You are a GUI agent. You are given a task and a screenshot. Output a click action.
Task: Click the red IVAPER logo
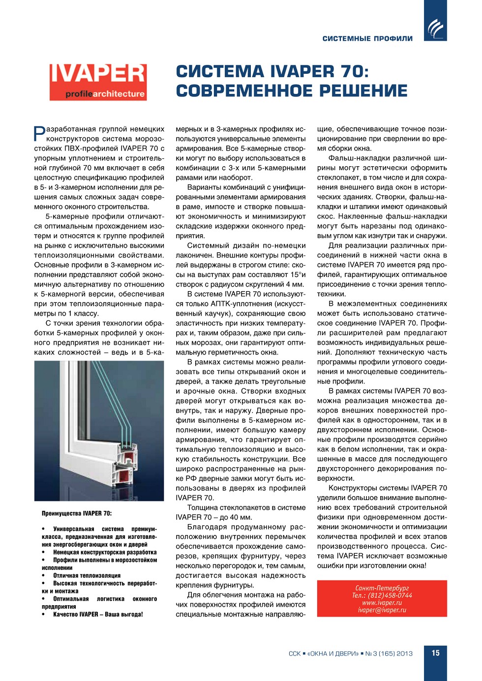coord(98,82)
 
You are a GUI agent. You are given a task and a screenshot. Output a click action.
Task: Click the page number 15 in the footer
coord(435,653)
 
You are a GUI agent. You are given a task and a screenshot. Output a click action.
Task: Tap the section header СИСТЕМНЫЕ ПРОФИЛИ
coord(367,38)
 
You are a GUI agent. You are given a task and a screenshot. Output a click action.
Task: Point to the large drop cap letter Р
coord(39,133)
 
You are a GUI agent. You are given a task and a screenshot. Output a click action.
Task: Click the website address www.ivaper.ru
coord(382,603)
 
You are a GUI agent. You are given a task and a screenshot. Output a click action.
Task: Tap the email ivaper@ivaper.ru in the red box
coord(382,610)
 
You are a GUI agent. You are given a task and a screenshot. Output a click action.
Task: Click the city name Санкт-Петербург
coord(382,588)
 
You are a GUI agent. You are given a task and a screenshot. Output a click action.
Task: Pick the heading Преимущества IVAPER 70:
coord(77,513)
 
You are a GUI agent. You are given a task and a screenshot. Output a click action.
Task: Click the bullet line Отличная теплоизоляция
coord(87,576)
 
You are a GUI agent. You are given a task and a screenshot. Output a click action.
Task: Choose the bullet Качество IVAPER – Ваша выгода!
coord(98,615)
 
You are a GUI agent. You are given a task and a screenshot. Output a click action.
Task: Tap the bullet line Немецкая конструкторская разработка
coord(105,553)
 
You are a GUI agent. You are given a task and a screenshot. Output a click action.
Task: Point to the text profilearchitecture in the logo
coord(105,94)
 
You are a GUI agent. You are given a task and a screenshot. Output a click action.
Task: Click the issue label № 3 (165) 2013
coord(389,653)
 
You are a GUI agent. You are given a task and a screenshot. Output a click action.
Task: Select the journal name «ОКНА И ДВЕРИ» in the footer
coord(332,653)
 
